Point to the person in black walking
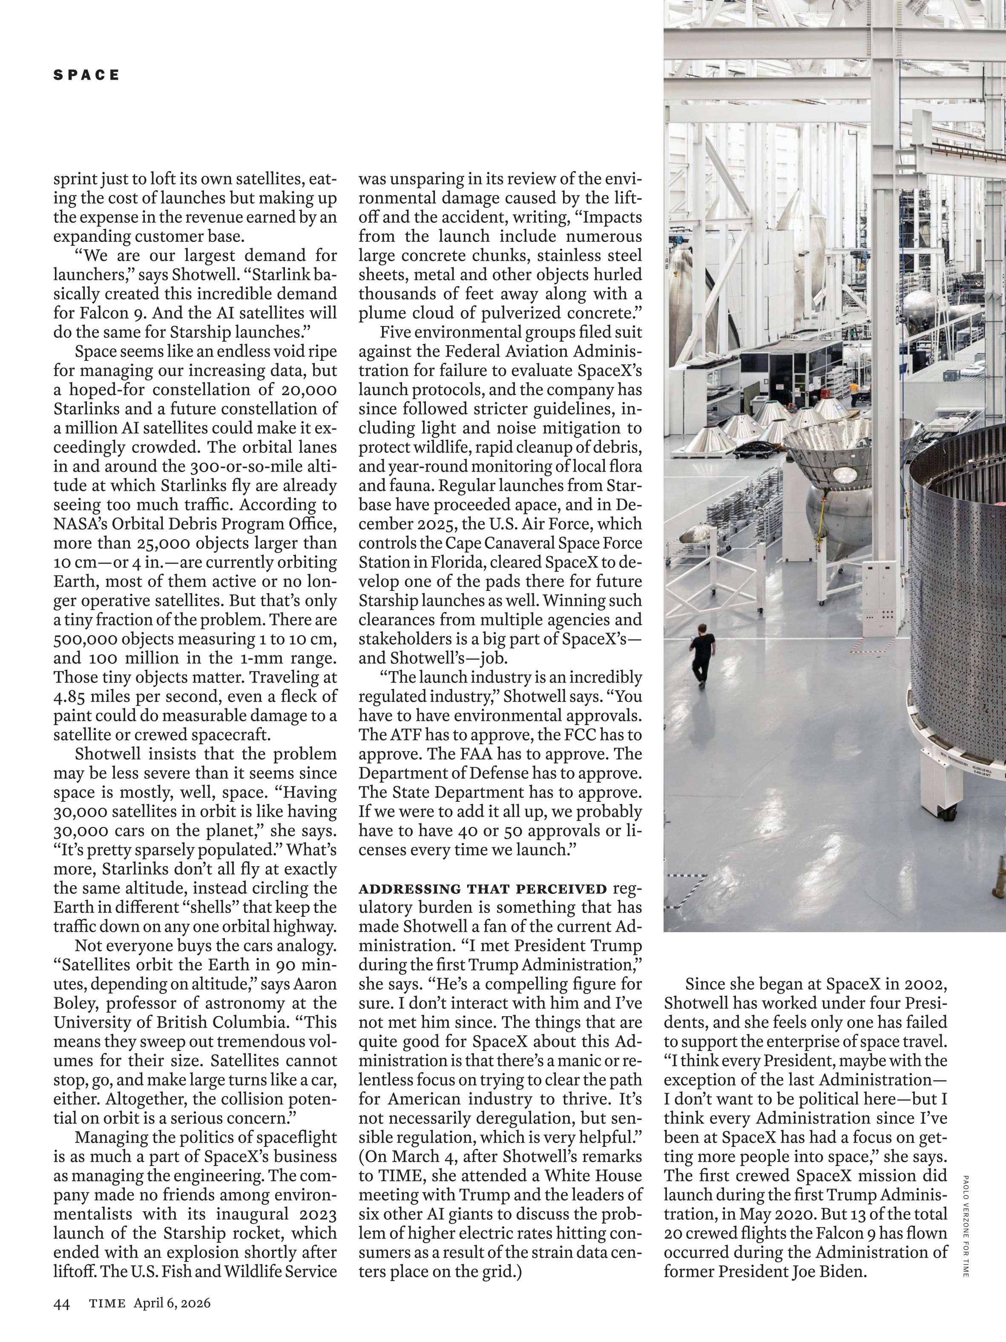tap(701, 655)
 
